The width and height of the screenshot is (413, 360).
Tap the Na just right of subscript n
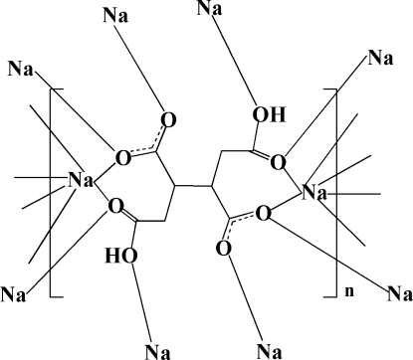[398, 293]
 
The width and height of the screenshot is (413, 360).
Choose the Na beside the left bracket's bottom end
[14, 294]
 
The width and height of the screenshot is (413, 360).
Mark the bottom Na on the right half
[268, 349]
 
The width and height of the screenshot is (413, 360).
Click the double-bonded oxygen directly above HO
[118, 206]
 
